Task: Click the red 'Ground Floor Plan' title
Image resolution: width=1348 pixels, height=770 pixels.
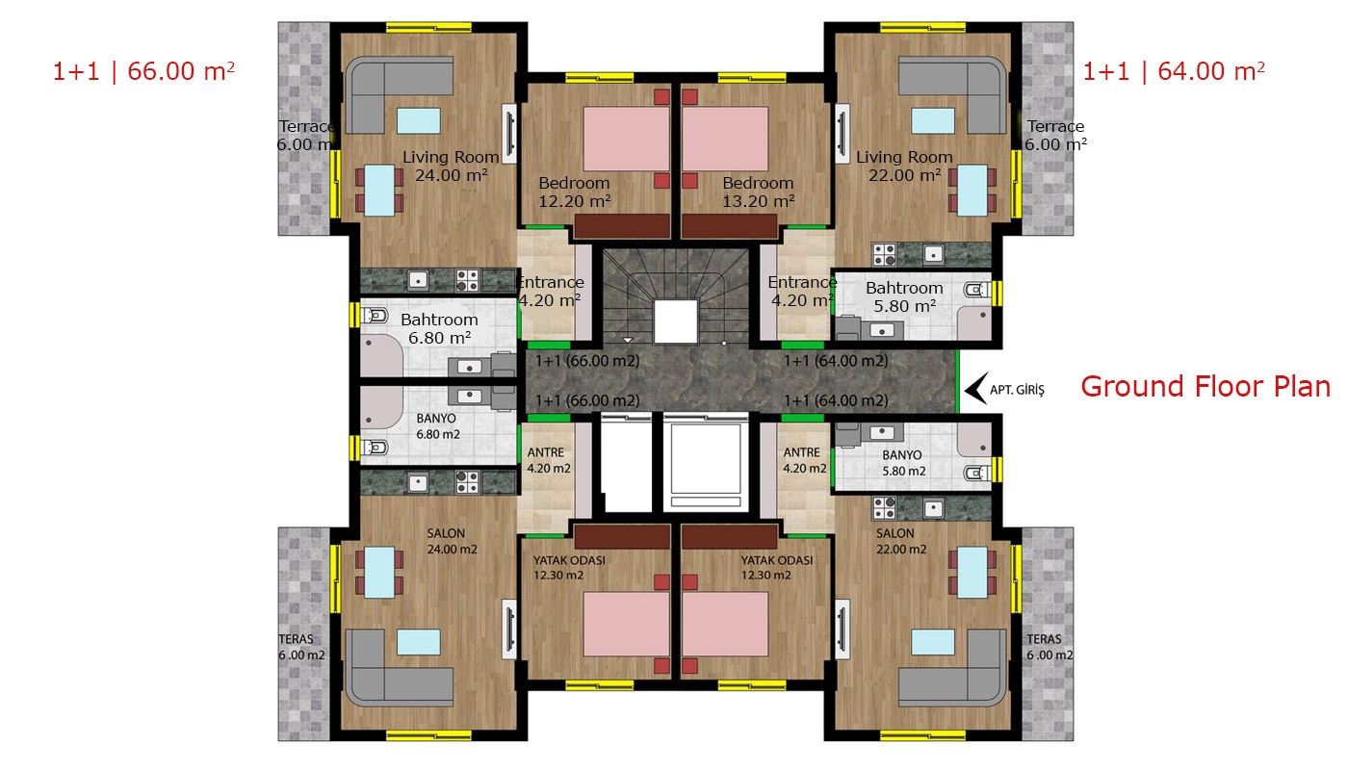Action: (x=1205, y=387)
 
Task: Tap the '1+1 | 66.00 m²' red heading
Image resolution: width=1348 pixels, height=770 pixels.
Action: (x=143, y=71)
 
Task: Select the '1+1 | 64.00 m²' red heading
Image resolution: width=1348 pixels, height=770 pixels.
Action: (x=1174, y=71)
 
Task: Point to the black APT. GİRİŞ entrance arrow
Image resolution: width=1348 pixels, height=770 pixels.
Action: (x=976, y=389)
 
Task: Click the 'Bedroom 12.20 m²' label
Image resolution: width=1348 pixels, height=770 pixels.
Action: (x=574, y=192)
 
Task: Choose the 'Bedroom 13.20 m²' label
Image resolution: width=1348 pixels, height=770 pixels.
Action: (x=759, y=192)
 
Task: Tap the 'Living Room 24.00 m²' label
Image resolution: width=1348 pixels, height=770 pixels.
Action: (x=451, y=166)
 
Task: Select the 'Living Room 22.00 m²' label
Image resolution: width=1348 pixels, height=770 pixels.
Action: (x=904, y=166)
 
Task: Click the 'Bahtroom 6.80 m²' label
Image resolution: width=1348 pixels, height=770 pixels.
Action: (x=439, y=328)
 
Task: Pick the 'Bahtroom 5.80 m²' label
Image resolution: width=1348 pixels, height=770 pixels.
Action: (x=904, y=296)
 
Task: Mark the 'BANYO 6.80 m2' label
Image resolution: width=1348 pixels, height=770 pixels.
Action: (x=437, y=425)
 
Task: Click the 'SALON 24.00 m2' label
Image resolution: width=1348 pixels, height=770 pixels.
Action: (x=452, y=541)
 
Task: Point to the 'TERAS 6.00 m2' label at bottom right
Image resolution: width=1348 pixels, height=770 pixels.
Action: (x=1050, y=647)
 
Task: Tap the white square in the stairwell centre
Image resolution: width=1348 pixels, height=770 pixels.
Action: (x=675, y=321)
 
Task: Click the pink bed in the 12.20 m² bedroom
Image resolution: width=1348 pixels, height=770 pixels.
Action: (x=626, y=139)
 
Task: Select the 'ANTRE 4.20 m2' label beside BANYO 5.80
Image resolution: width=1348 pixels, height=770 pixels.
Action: (x=805, y=460)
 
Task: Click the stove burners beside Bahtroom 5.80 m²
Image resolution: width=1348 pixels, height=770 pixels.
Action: (x=884, y=254)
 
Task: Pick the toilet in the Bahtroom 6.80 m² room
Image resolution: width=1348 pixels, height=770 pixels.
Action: (x=375, y=315)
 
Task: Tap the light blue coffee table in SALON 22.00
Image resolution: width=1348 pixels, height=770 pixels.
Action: (x=932, y=642)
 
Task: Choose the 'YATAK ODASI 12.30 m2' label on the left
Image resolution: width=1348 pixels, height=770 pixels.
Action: (x=569, y=567)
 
